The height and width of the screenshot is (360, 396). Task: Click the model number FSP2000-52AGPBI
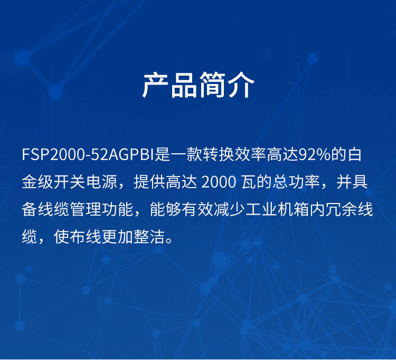(x=88, y=154)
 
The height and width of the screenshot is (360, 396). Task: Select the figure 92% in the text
(x=315, y=154)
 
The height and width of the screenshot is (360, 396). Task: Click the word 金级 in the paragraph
(x=37, y=182)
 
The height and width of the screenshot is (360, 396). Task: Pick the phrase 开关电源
(x=86, y=182)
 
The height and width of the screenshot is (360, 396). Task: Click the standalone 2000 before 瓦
(x=219, y=182)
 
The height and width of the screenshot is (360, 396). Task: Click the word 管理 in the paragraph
(x=86, y=210)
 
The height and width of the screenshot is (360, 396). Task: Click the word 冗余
(x=341, y=210)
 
